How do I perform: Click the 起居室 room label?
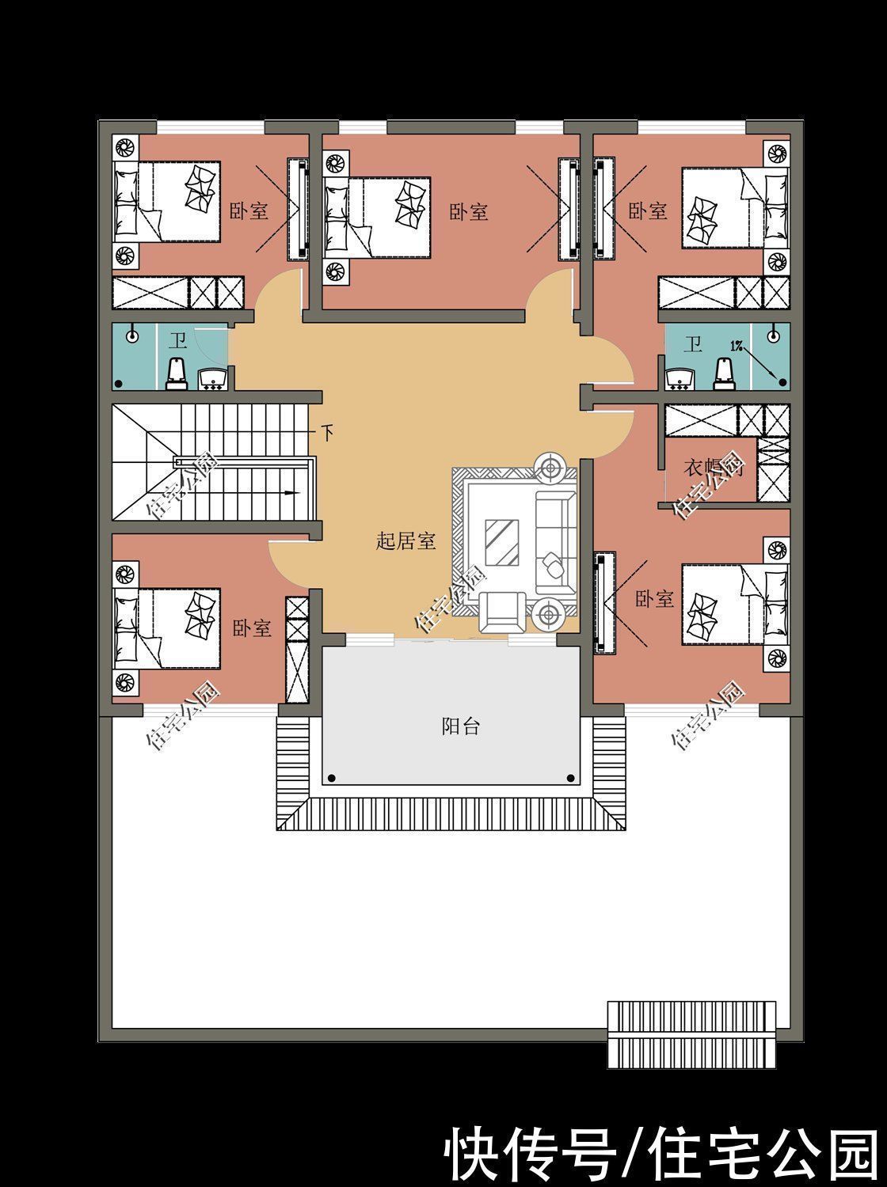(405, 541)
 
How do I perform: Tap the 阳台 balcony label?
(460, 726)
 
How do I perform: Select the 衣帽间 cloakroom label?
(710, 468)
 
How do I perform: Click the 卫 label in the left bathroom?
(177, 342)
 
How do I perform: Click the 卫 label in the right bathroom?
(693, 344)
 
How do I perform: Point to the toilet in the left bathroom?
(177, 373)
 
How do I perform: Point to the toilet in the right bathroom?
(723, 374)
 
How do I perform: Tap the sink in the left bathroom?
(211, 380)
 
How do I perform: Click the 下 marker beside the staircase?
(327, 433)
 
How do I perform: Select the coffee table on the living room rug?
(501, 542)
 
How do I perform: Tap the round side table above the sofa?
(550, 467)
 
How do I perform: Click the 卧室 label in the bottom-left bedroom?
(252, 628)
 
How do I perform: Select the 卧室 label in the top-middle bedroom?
(469, 211)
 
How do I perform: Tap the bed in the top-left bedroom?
(167, 201)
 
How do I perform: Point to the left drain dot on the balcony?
(333, 779)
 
